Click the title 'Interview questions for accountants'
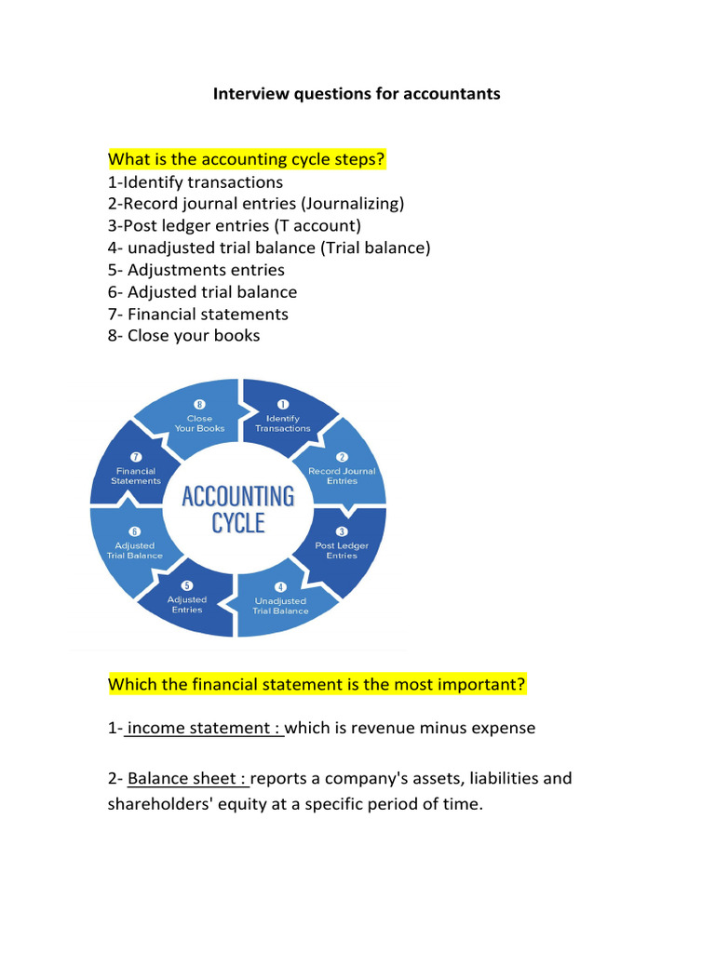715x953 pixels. tap(357, 94)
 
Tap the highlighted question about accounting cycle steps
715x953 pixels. tap(247, 160)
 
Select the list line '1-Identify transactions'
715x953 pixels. tap(196, 182)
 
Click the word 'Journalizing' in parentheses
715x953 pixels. tap(355, 204)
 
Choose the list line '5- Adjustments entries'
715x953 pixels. tap(196, 270)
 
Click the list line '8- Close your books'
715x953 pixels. tap(184, 335)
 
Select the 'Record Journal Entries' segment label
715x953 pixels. tap(342, 476)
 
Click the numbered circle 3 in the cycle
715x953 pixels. tap(342, 530)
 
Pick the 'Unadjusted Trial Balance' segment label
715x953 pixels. tap(280, 606)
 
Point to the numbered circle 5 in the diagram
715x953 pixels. tap(186, 585)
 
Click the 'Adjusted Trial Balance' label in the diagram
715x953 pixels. tap(134, 550)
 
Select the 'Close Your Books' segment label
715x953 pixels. tap(198, 423)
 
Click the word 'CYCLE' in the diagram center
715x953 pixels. tap(238, 523)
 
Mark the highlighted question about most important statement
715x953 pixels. tap(317, 685)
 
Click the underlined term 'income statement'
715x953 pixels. tap(205, 728)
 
